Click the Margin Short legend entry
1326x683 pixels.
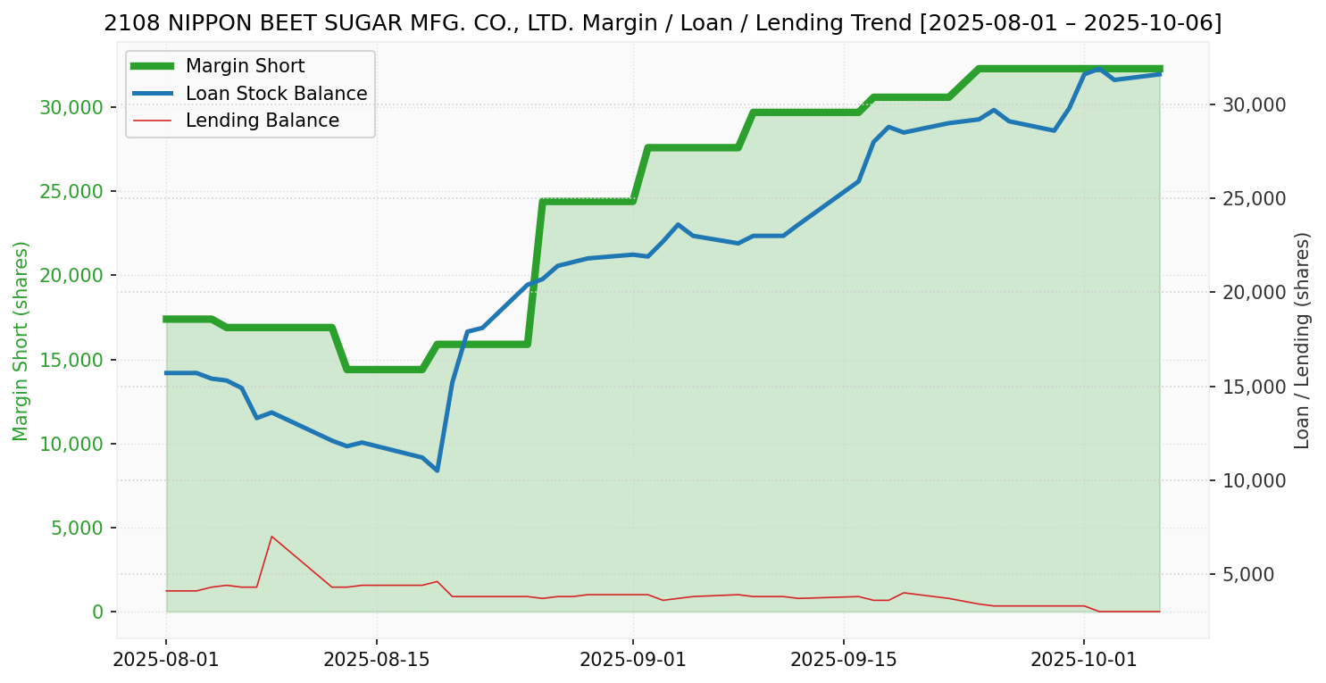click(245, 66)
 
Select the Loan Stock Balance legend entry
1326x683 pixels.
click(276, 94)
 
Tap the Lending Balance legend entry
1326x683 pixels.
click(262, 121)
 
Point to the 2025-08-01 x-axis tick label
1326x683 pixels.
click(166, 660)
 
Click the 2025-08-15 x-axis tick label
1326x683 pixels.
click(376, 660)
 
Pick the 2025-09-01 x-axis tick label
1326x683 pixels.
click(632, 660)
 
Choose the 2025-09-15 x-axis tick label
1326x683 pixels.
click(843, 660)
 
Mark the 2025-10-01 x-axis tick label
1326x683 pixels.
click(1083, 660)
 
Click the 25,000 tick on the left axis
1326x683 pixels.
click(71, 192)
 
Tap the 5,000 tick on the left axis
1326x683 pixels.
click(76, 529)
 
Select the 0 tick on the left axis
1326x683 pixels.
click(97, 612)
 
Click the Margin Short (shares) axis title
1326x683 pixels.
click(21, 341)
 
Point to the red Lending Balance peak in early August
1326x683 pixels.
click(271, 537)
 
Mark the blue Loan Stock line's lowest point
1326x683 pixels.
click(437, 471)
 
